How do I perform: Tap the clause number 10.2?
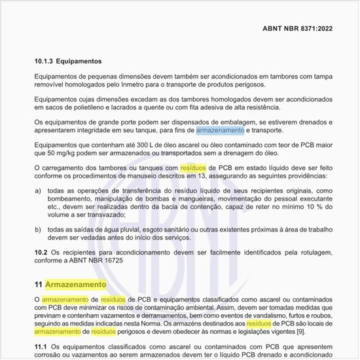coord(41,252)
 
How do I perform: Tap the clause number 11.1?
coord(41,345)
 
